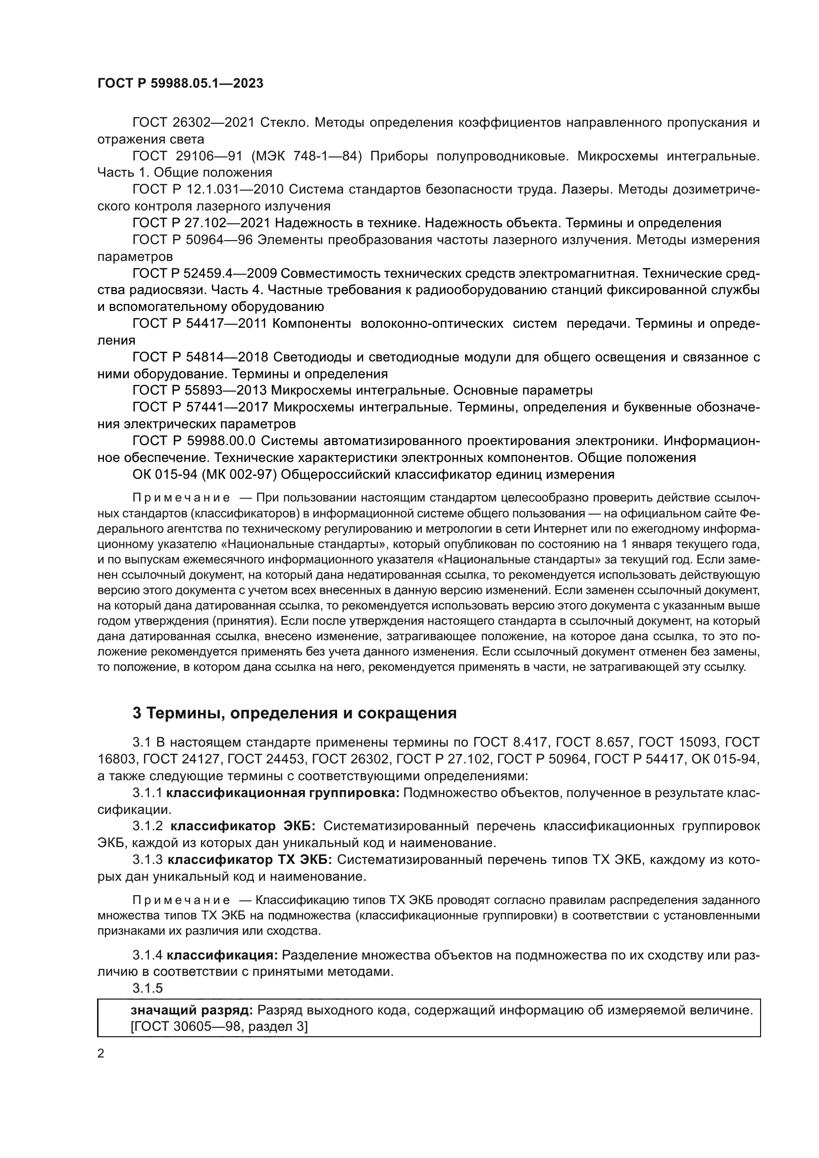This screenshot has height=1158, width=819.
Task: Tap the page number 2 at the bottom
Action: tap(101, 1054)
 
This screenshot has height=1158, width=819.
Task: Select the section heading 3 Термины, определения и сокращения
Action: tap(295, 712)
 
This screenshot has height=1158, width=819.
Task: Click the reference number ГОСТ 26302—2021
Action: tap(193, 123)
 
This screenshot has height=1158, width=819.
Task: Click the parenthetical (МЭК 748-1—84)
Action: tap(306, 156)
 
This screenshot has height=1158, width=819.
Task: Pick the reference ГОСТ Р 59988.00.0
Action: tap(194, 441)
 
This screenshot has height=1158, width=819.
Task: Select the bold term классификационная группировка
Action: tap(282, 793)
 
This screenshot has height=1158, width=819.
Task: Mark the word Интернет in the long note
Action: tap(557, 529)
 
